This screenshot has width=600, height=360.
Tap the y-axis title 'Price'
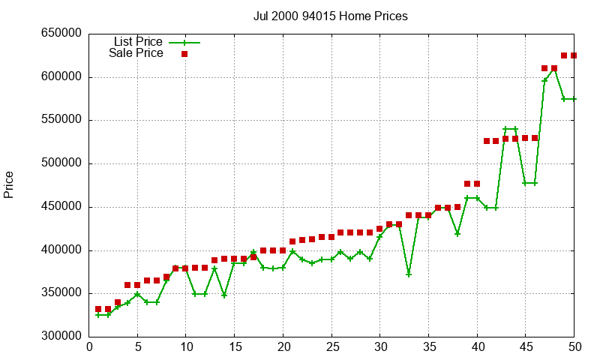9,184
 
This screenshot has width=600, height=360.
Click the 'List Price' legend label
138,42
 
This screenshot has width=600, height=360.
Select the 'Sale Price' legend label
136,53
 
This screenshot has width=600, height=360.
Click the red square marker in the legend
184,54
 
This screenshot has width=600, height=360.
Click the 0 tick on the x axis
90,346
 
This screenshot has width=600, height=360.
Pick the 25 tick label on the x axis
331,346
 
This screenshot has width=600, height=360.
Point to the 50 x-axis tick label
574,346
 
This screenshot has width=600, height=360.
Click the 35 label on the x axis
428,346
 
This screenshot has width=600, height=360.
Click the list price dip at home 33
409,274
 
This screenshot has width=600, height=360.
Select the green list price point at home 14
224,295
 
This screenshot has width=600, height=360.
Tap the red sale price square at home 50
574,55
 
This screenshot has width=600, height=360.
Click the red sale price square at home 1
98,309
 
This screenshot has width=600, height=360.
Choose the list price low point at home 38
457,234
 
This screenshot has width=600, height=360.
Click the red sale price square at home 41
487,141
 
